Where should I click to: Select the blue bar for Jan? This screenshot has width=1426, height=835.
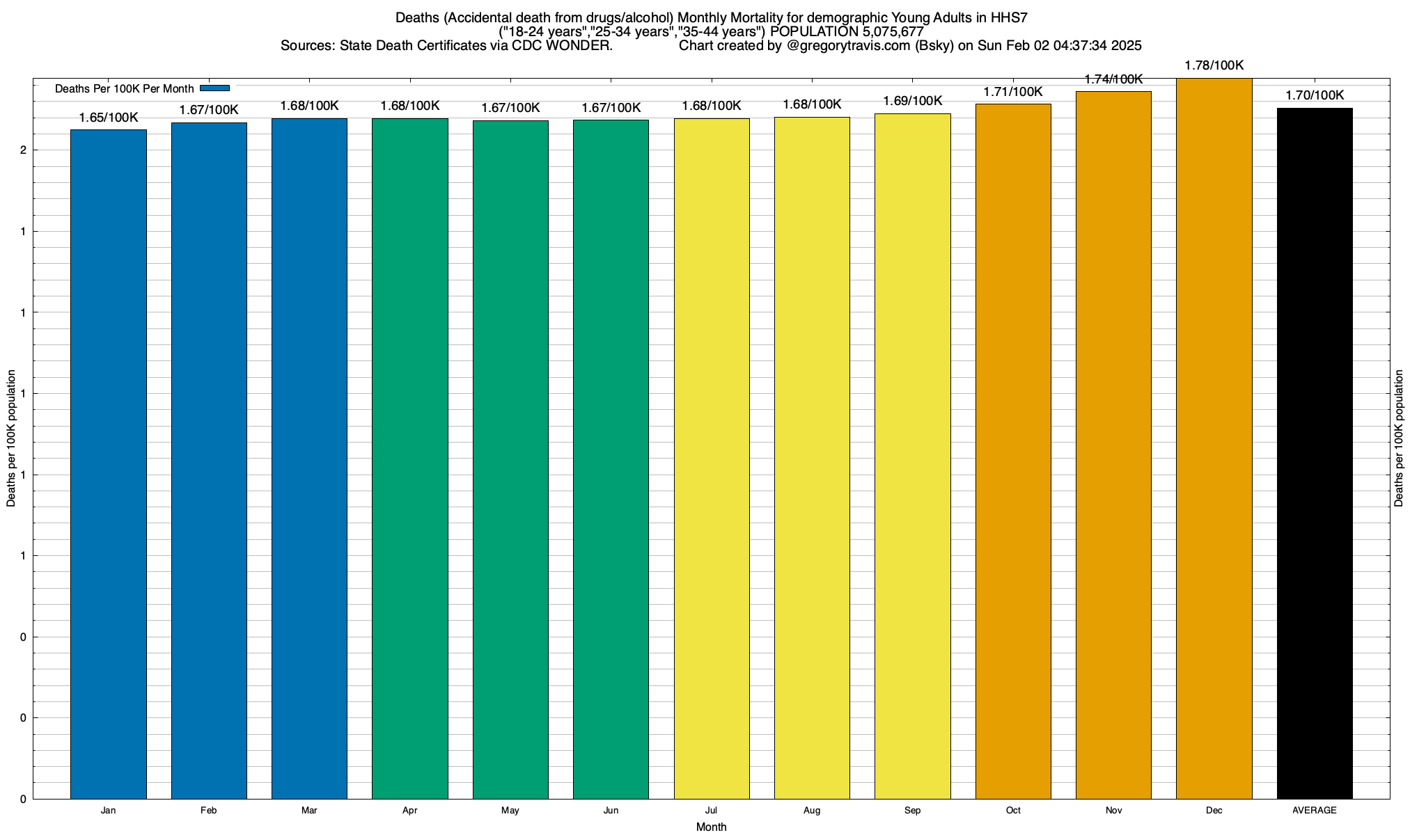pos(109,463)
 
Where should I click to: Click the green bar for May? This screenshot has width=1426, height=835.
pos(510,459)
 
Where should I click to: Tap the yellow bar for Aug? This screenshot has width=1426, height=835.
pos(812,457)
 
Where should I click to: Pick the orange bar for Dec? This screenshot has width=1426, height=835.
pos(1214,438)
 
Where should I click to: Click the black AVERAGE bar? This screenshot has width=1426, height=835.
pos(1315,453)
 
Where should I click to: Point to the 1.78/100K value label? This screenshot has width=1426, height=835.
pos(1214,65)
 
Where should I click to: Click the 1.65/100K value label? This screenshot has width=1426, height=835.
pos(109,117)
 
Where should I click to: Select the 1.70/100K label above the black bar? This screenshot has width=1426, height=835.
pos(1315,95)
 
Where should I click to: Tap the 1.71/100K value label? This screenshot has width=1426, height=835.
pos(1013,91)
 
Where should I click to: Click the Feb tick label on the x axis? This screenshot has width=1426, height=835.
pos(208,810)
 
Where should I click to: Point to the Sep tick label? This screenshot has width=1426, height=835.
pos(912,810)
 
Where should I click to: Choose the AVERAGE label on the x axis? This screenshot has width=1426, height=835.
pos(1315,810)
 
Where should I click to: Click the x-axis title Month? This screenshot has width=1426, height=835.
pos(711,827)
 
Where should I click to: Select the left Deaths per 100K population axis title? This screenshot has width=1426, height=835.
pos(11,438)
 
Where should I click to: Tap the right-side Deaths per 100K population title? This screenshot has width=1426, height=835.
pos(1399,438)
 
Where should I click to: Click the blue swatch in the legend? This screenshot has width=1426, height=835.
pos(214,88)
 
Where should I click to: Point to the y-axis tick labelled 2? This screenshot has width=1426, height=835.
pos(24,150)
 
